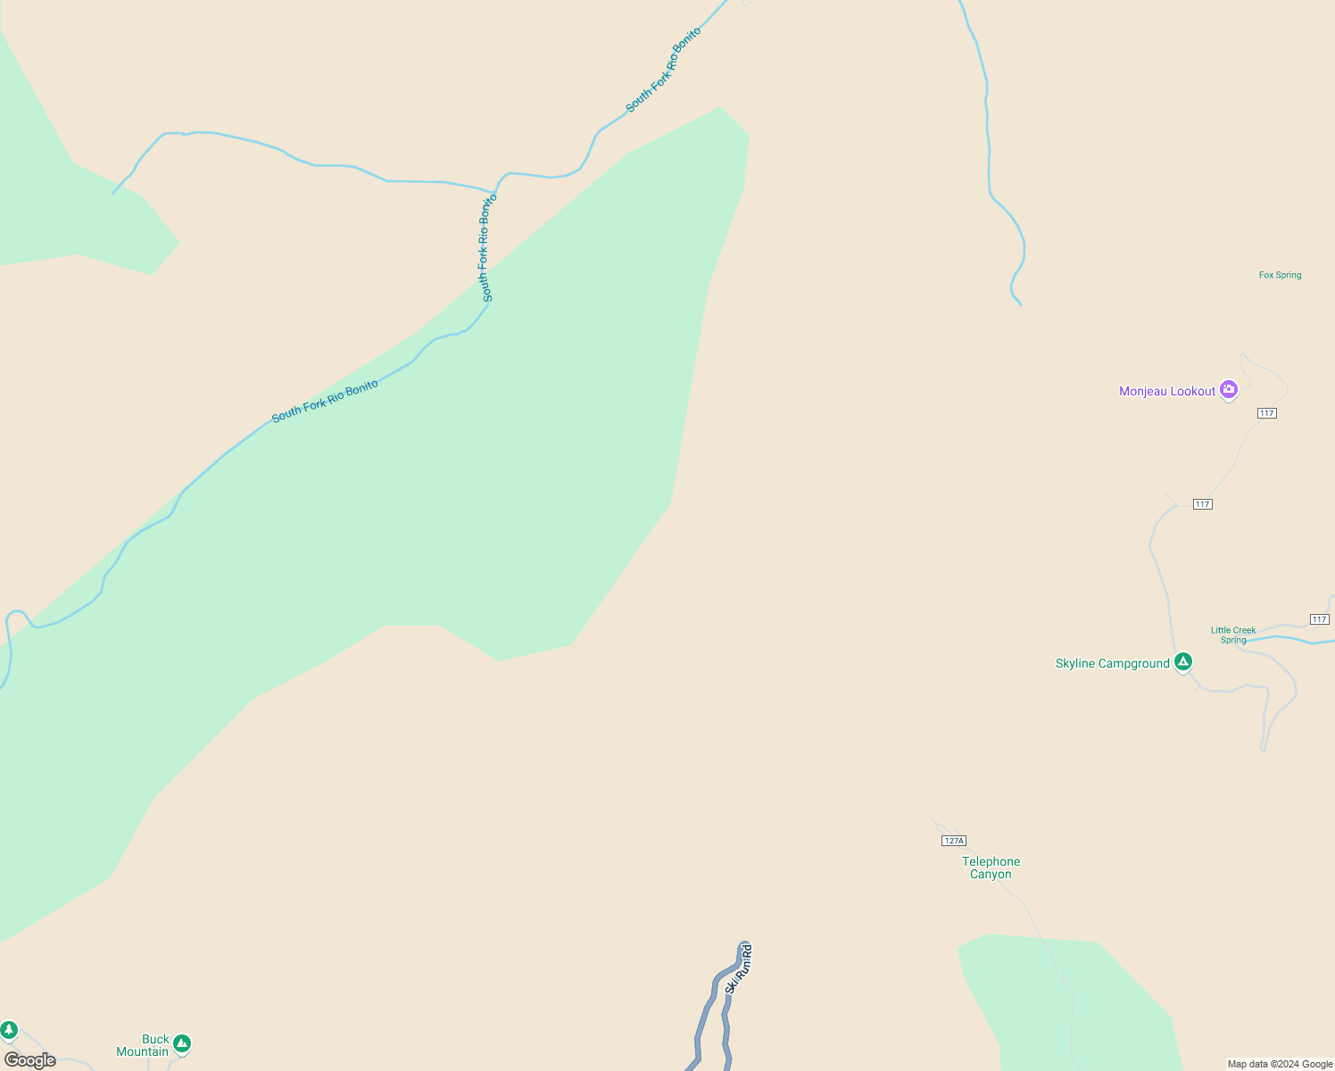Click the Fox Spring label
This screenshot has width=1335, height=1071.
coord(1280,275)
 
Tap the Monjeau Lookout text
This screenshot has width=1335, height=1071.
coord(1166,391)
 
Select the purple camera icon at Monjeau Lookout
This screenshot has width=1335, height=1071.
coord(1229,389)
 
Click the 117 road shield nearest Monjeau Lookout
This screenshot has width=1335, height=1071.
coord(1266,413)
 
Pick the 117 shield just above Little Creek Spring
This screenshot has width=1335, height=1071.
coord(1319,619)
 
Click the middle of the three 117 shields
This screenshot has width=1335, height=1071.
coord(1202,504)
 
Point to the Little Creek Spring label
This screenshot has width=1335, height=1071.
coord(1232,635)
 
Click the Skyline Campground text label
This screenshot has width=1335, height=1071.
coord(1112,663)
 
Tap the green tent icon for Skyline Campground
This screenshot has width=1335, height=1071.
coord(1183,662)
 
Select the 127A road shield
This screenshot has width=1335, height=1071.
coord(953,841)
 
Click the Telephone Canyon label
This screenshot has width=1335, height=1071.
coord(991,868)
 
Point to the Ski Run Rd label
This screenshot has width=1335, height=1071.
coord(739,968)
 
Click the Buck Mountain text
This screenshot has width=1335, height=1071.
coord(143,1045)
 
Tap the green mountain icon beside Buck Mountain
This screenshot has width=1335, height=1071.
coord(182,1042)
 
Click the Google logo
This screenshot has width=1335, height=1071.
coord(29,1060)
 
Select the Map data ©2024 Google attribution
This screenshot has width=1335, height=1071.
coord(1280,1064)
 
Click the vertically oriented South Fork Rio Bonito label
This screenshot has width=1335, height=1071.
coord(486,247)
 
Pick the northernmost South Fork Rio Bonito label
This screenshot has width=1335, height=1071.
coord(663,70)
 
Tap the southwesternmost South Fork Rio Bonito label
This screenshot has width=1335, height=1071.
coord(325,401)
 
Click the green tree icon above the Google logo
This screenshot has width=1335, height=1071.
coord(9,1031)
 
